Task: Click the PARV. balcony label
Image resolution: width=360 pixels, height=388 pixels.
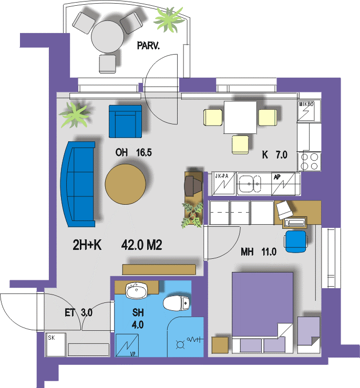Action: (148, 46)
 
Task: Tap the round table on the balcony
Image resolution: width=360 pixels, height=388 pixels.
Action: (107, 36)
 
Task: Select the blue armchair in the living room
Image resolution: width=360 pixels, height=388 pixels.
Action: (126, 121)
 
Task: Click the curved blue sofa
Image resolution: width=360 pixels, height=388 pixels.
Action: (78, 184)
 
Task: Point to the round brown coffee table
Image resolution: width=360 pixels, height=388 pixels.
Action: (126, 184)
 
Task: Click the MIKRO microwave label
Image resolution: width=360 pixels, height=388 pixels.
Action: (306, 104)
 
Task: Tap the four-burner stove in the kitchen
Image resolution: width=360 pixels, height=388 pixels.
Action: (309, 162)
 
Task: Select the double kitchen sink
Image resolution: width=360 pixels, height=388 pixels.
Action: (249, 184)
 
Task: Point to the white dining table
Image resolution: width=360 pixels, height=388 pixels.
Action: (240, 117)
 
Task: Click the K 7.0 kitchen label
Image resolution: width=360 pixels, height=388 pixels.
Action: (274, 155)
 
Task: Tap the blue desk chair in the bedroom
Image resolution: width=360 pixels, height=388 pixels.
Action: (295, 242)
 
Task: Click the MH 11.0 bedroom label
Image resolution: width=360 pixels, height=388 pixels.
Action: (259, 252)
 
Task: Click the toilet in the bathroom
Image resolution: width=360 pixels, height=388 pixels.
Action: (176, 303)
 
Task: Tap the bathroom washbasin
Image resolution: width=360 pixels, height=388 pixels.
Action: (137, 290)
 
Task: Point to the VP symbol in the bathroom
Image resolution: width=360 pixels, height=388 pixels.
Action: (127, 345)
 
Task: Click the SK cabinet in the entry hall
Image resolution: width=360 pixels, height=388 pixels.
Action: (56, 345)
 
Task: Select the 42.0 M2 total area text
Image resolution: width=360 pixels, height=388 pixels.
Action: (141, 245)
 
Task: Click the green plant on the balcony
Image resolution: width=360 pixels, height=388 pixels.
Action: (169, 20)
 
